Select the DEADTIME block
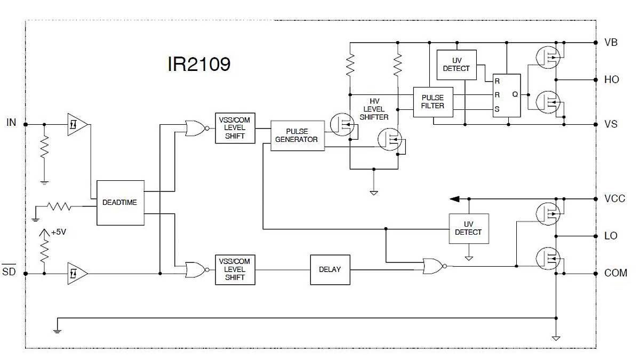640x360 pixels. (x=120, y=203)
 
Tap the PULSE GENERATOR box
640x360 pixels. (x=297, y=135)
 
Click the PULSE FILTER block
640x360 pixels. (x=433, y=102)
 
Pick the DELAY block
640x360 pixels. (x=330, y=269)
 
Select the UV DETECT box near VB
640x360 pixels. (x=457, y=65)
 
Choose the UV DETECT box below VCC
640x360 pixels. (x=468, y=228)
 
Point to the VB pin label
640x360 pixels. (x=611, y=42)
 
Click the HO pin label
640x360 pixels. (x=612, y=79)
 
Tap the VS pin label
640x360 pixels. (x=611, y=124)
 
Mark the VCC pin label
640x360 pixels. (x=614, y=198)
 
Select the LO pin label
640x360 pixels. (x=611, y=235)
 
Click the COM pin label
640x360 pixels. (x=615, y=273)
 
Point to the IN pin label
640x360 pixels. (x=11, y=123)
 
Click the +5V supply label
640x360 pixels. (x=59, y=233)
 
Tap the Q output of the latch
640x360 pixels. (x=515, y=94)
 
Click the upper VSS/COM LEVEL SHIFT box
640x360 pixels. (x=235, y=128)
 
